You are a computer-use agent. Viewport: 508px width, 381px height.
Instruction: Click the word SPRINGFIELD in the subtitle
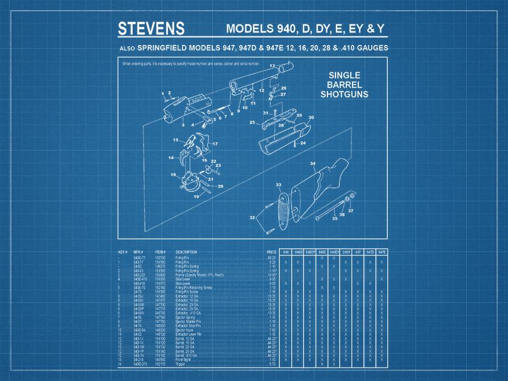click(165, 48)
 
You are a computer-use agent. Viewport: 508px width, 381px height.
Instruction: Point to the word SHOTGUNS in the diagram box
click(344, 94)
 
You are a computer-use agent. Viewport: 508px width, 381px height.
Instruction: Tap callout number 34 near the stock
click(313, 163)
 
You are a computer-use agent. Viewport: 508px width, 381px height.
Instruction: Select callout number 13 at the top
click(272, 65)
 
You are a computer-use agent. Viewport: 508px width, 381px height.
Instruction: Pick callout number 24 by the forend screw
click(303, 142)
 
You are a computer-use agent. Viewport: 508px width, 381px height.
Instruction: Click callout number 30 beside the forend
click(311, 118)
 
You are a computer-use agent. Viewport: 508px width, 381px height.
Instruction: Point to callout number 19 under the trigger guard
click(196, 196)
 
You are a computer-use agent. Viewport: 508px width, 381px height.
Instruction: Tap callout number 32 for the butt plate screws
click(252, 218)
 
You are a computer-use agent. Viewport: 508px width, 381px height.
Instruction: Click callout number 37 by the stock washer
click(351, 211)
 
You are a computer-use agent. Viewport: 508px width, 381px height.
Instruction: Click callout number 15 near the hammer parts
click(176, 140)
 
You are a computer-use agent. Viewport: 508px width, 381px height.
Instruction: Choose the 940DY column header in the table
click(310, 252)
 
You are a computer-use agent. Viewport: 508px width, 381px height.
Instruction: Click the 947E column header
click(382, 252)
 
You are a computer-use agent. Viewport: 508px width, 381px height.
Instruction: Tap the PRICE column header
click(272, 252)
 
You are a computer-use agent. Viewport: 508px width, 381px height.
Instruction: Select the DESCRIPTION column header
click(186, 252)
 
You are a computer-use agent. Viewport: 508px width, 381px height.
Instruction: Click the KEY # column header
click(122, 252)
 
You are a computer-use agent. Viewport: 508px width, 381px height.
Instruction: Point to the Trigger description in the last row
click(181, 363)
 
